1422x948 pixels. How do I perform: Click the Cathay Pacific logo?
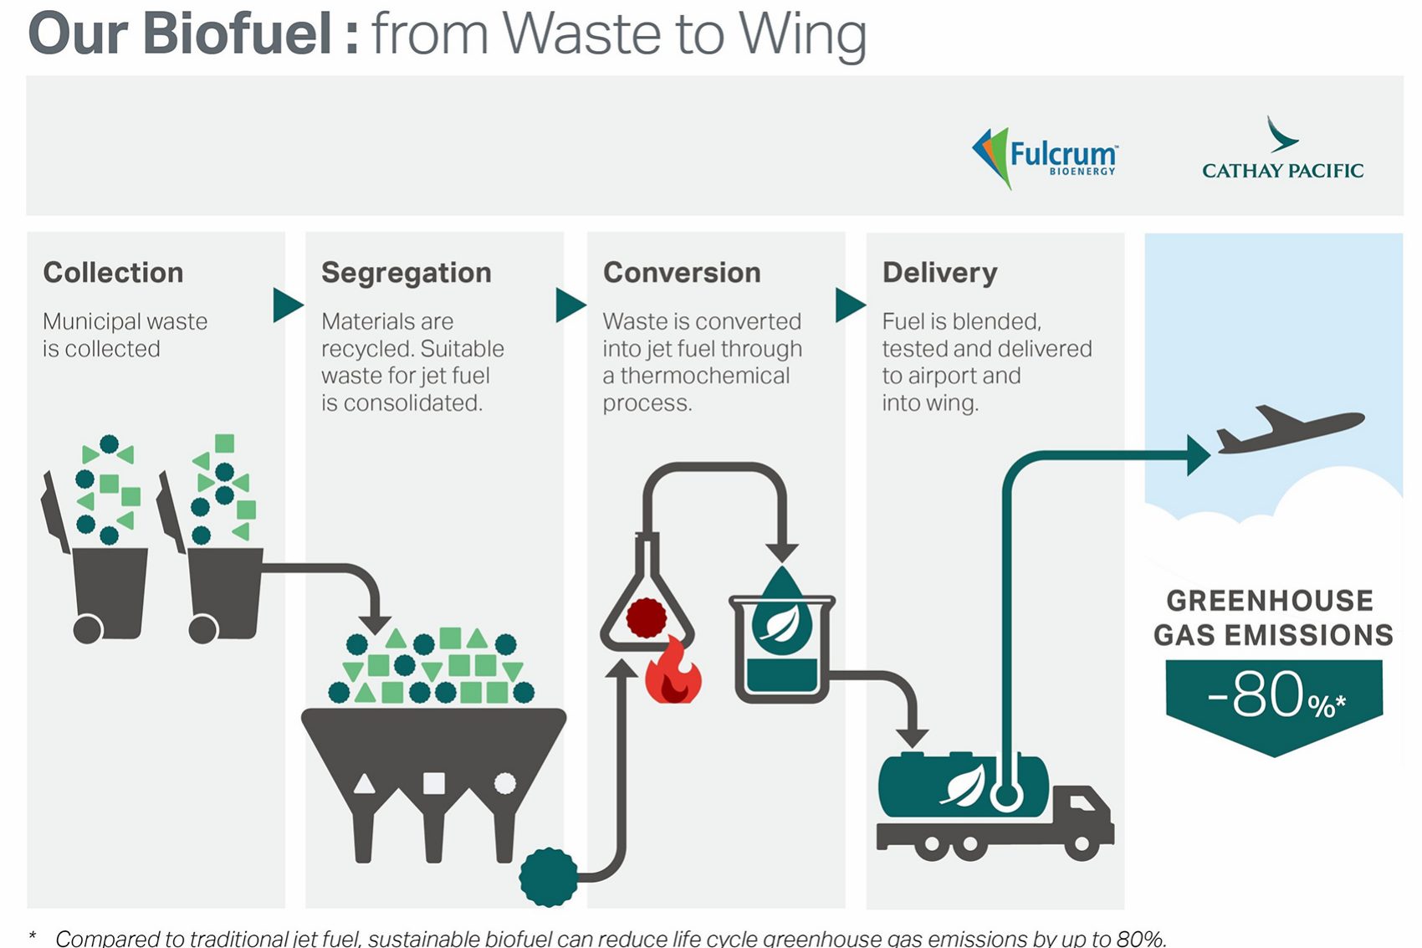point(1282,151)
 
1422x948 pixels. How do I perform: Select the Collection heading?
point(113,273)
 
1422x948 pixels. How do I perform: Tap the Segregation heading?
point(407,273)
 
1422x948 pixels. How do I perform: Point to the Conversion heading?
point(682,273)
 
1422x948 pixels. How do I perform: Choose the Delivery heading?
point(939,273)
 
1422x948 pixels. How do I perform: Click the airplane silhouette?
point(1288,428)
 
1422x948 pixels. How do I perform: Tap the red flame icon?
point(673,674)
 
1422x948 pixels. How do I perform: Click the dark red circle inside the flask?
point(646,617)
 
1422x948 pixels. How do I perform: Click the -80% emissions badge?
point(1274,699)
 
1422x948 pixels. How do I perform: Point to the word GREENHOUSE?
point(1270,601)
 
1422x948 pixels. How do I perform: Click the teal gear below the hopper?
point(549,877)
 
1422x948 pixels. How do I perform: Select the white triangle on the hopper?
point(365,784)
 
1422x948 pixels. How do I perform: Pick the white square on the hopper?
point(434,783)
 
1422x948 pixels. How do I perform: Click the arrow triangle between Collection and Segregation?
point(287,305)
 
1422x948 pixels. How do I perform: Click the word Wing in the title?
point(802,34)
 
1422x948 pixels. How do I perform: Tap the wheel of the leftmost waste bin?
point(87,629)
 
